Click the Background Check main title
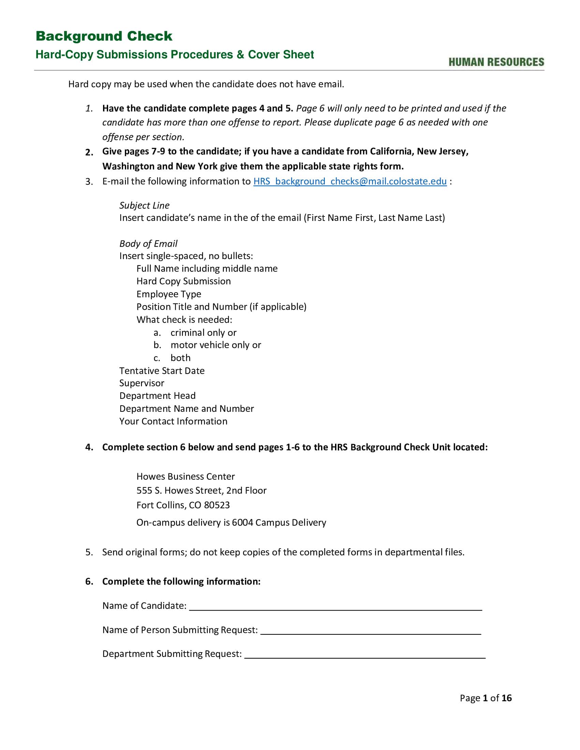pyautogui.click(x=104, y=36)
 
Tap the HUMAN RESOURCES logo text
pyautogui.click(x=496, y=62)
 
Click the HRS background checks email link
pyautogui.click(x=350, y=181)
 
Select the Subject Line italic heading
pyautogui.click(x=144, y=205)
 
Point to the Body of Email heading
pyautogui.click(x=148, y=243)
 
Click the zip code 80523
pyautogui.click(x=216, y=505)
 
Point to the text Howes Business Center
pyautogui.click(x=186, y=476)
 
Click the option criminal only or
pyautogui.click(x=203, y=332)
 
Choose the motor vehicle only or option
pyautogui.click(x=216, y=345)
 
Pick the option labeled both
pyautogui.click(x=180, y=358)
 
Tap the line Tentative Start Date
pyautogui.click(x=162, y=371)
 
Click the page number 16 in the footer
pyautogui.click(x=506, y=698)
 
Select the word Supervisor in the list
pyautogui.click(x=142, y=383)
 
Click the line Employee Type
pyautogui.click(x=169, y=294)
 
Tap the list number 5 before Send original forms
pyautogui.click(x=89, y=552)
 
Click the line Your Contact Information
pyautogui.click(x=173, y=421)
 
